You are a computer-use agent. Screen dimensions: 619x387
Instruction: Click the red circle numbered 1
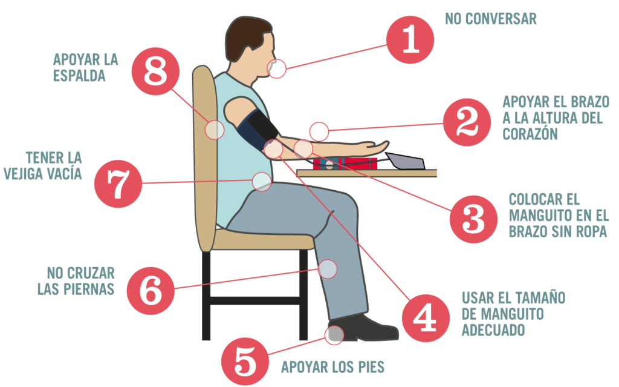tap(410, 39)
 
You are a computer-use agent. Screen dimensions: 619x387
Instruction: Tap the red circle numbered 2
tap(467, 122)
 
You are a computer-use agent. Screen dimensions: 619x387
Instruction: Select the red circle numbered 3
tap(473, 219)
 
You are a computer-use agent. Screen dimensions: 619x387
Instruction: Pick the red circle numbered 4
tap(426, 318)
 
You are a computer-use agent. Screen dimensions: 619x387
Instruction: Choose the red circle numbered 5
tap(245, 362)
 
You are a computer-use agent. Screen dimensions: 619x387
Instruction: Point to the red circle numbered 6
tap(151, 291)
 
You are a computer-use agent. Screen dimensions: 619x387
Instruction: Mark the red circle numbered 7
tap(118, 184)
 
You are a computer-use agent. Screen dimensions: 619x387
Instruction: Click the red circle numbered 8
tap(155, 71)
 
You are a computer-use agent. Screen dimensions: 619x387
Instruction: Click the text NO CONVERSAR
tap(491, 19)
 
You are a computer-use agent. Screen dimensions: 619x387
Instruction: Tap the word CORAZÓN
tap(530, 133)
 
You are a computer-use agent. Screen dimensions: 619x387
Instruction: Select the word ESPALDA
tap(79, 76)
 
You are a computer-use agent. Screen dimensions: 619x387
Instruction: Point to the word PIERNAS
tap(89, 289)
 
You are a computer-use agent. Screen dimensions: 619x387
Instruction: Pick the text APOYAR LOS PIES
tap(333, 367)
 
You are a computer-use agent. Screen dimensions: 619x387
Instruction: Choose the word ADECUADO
tap(493, 329)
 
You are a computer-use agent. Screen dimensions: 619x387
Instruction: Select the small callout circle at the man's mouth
tap(277, 68)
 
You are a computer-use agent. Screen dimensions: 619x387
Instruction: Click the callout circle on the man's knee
tap(327, 269)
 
